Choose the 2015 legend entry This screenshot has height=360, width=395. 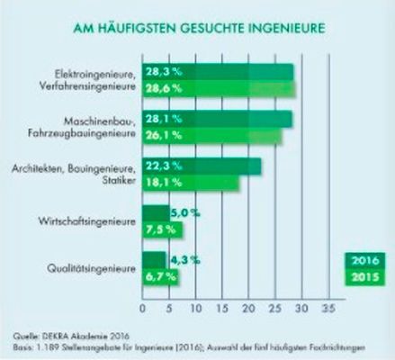point(364,278)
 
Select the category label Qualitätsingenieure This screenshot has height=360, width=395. point(89,268)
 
